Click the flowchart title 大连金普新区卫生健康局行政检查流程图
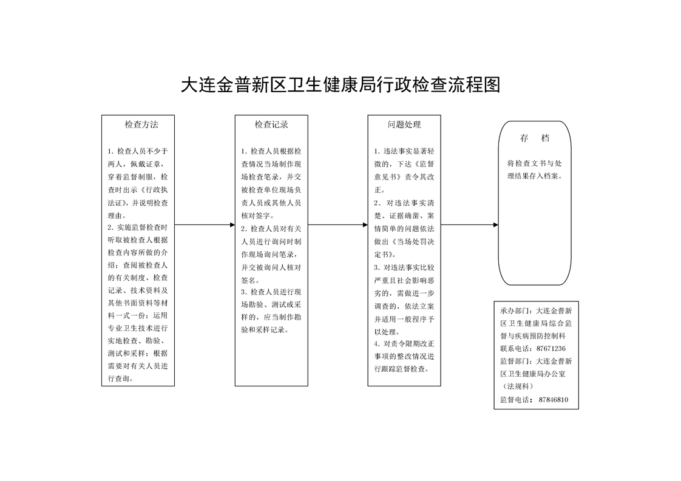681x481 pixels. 340,85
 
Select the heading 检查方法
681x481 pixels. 141,124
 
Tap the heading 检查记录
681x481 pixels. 271,124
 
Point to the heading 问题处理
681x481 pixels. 404,124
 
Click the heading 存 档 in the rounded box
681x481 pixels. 535,138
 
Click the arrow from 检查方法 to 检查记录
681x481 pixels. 205,225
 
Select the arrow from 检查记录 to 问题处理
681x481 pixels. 338,225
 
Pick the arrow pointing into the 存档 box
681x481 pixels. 470,225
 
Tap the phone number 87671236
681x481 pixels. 551,349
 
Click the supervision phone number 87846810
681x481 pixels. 554,400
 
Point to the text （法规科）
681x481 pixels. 518,386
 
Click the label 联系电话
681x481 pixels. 515,349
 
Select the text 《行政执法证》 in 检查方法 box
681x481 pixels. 138,196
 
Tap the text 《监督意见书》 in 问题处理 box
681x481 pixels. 404,170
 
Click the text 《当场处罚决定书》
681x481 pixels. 404,248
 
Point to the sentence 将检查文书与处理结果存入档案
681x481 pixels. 535,170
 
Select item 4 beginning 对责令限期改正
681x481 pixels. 404,357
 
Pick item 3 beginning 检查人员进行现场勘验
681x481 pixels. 271,311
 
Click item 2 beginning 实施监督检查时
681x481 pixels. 138,303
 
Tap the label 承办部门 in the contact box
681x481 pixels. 515,311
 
